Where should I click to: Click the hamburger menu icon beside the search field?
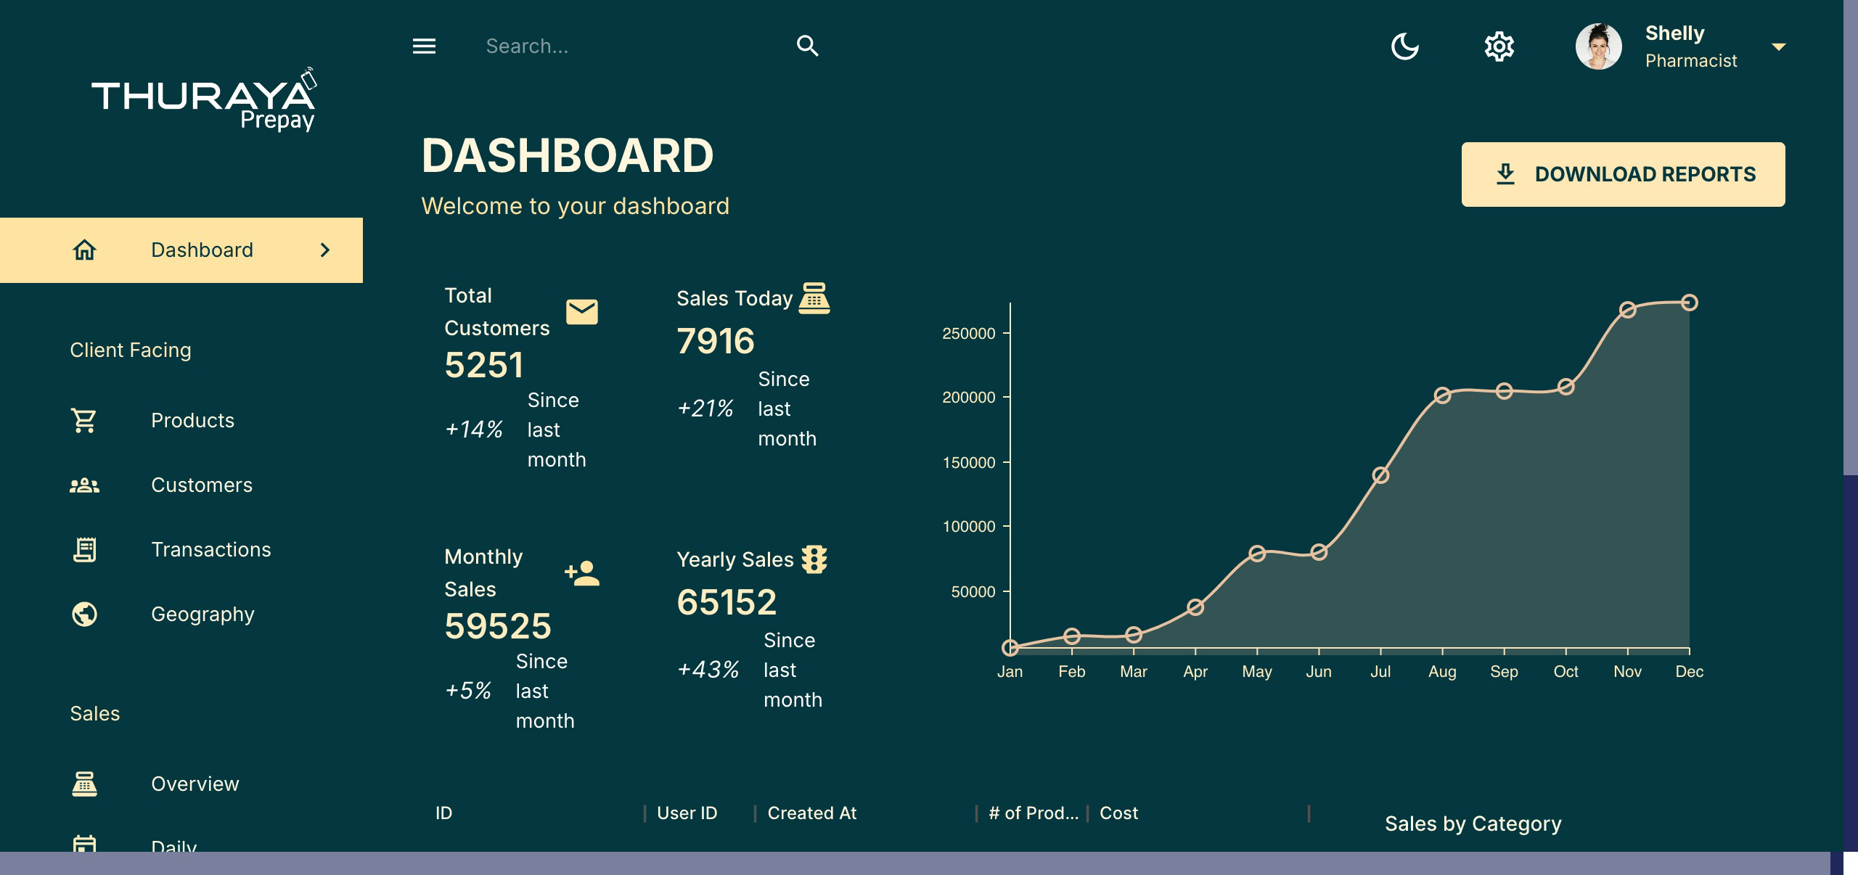424,46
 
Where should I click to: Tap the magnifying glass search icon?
807,46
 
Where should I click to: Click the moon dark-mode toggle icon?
1404,46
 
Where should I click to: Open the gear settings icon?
1499,46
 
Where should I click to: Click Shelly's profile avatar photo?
1598,46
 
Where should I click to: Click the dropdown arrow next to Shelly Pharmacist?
1778,47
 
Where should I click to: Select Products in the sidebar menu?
192,421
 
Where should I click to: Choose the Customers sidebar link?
201,485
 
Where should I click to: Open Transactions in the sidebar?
210,550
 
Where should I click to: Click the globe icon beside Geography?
84,615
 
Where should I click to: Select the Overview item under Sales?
195,784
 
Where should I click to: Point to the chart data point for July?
1380,475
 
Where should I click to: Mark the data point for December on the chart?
1689,303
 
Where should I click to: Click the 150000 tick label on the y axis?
968,463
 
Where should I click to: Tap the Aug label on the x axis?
1442,672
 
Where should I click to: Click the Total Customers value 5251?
483,365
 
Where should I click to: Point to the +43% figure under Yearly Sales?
708,670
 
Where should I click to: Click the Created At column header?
811,813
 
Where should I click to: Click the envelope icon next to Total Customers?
581,312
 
